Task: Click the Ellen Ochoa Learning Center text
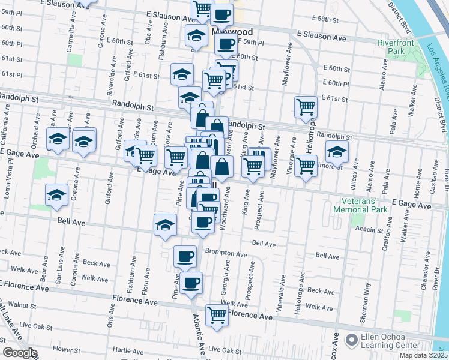[390, 341]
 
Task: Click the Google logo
[20, 352]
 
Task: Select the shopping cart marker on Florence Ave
[217, 314]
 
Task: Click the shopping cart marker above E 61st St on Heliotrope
[306, 107]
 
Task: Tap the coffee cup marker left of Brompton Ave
[185, 256]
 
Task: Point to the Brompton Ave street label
[226, 254]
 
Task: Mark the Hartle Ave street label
[126, 350]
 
